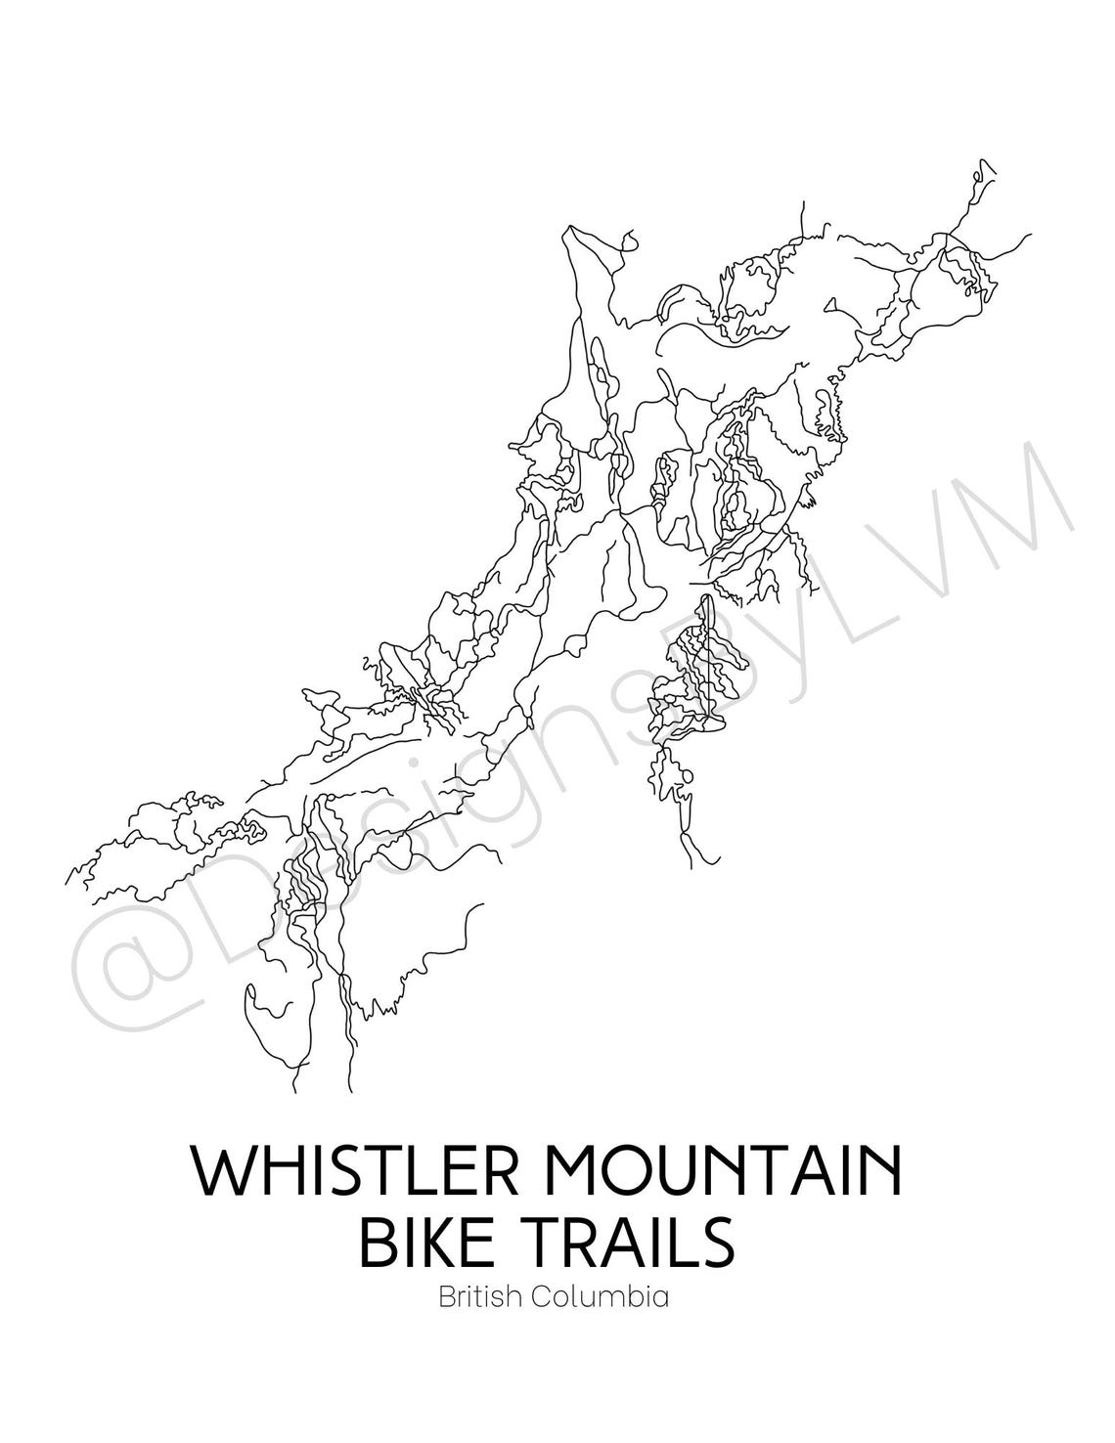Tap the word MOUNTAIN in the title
click(731, 1173)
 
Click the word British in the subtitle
click(474, 1298)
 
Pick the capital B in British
click(446, 1298)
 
